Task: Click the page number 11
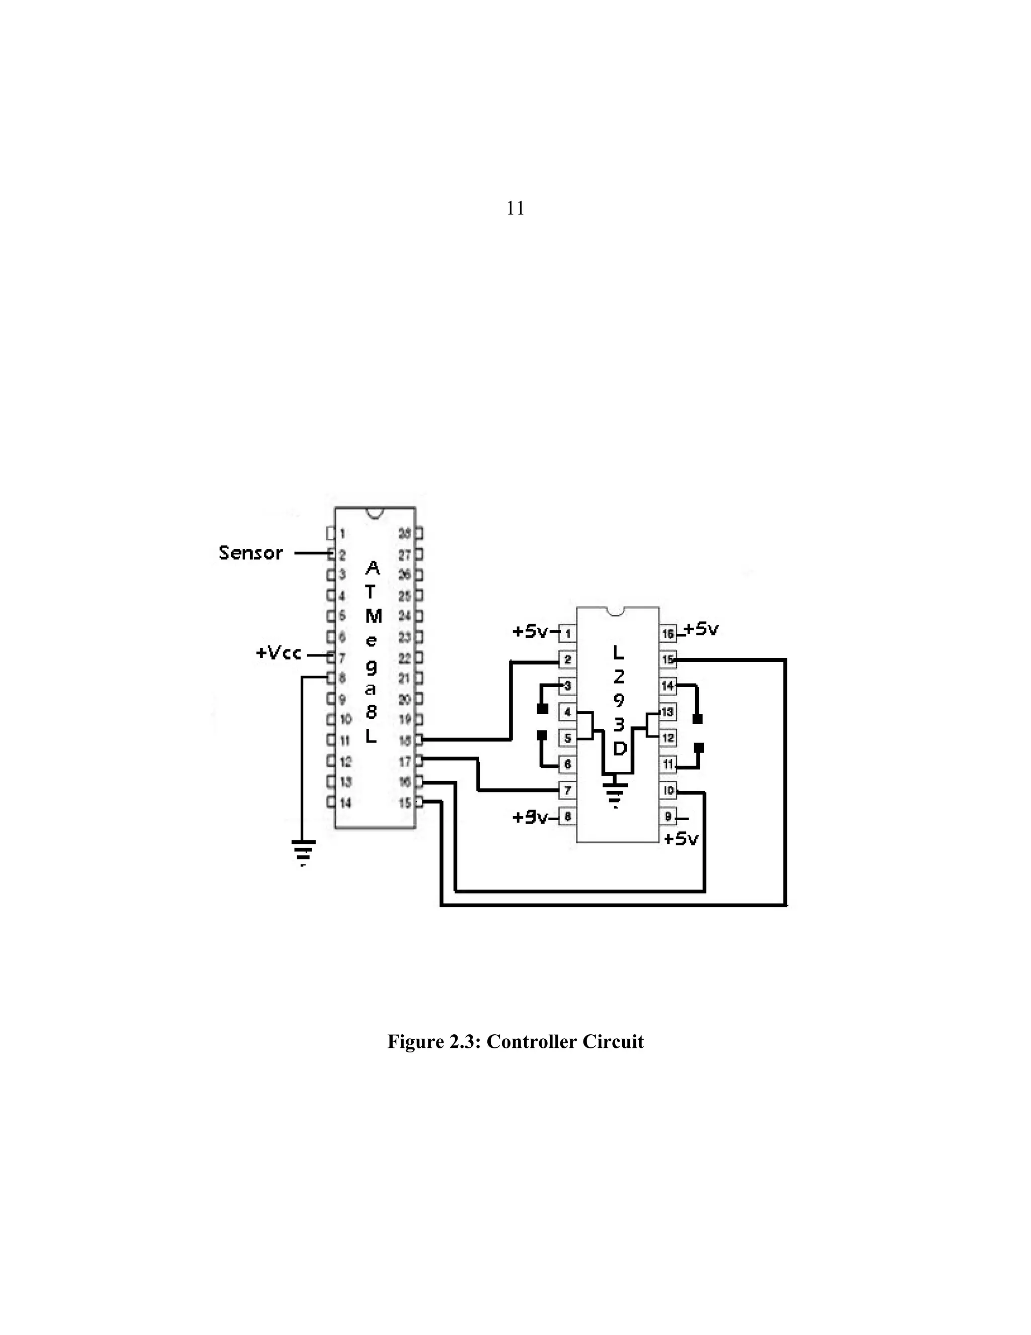(x=515, y=209)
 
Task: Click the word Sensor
(x=250, y=553)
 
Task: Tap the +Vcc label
(x=278, y=653)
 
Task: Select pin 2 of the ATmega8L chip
(x=331, y=555)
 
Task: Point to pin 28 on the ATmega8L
(x=418, y=533)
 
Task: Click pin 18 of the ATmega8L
(x=418, y=740)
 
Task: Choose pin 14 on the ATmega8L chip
(x=331, y=803)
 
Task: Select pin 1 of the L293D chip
(x=567, y=633)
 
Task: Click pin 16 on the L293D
(x=668, y=633)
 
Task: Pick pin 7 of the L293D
(x=567, y=790)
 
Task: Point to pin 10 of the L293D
(x=668, y=790)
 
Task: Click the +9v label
(x=530, y=817)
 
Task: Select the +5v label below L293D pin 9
(x=681, y=839)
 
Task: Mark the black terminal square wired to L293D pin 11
(x=699, y=748)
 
